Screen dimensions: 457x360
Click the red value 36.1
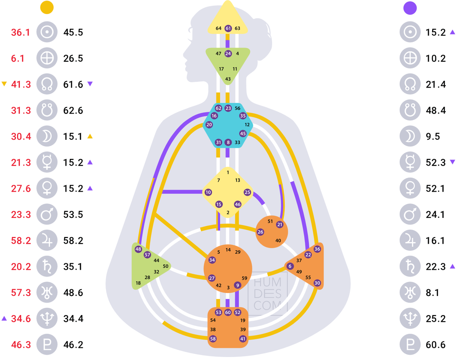[x=21, y=32]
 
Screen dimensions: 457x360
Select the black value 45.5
[x=73, y=32]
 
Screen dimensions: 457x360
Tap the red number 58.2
[x=21, y=241]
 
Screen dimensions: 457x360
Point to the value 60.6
[x=436, y=345]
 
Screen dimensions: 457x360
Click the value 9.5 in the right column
[x=433, y=136]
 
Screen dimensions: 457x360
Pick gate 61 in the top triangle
[x=228, y=28]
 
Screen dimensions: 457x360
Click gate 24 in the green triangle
[x=228, y=53]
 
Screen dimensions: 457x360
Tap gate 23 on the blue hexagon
[x=228, y=108]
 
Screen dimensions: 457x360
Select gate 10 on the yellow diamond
[x=208, y=192]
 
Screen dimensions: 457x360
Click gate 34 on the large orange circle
[x=212, y=260]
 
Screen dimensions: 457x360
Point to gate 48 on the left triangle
[x=138, y=249]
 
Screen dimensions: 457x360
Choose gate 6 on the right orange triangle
[x=290, y=266]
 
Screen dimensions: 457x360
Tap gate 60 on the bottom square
[x=228, y=312]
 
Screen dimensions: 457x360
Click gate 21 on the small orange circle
[x=280, y=224]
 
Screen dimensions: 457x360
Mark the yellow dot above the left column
[x=46, y=7]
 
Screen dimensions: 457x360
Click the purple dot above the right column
[x=410, y=8]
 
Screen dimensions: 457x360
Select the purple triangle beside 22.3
[x=452, y=266]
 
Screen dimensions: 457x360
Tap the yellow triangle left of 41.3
[x=4, y=84]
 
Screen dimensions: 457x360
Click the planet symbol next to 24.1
[x=410, y=214]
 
